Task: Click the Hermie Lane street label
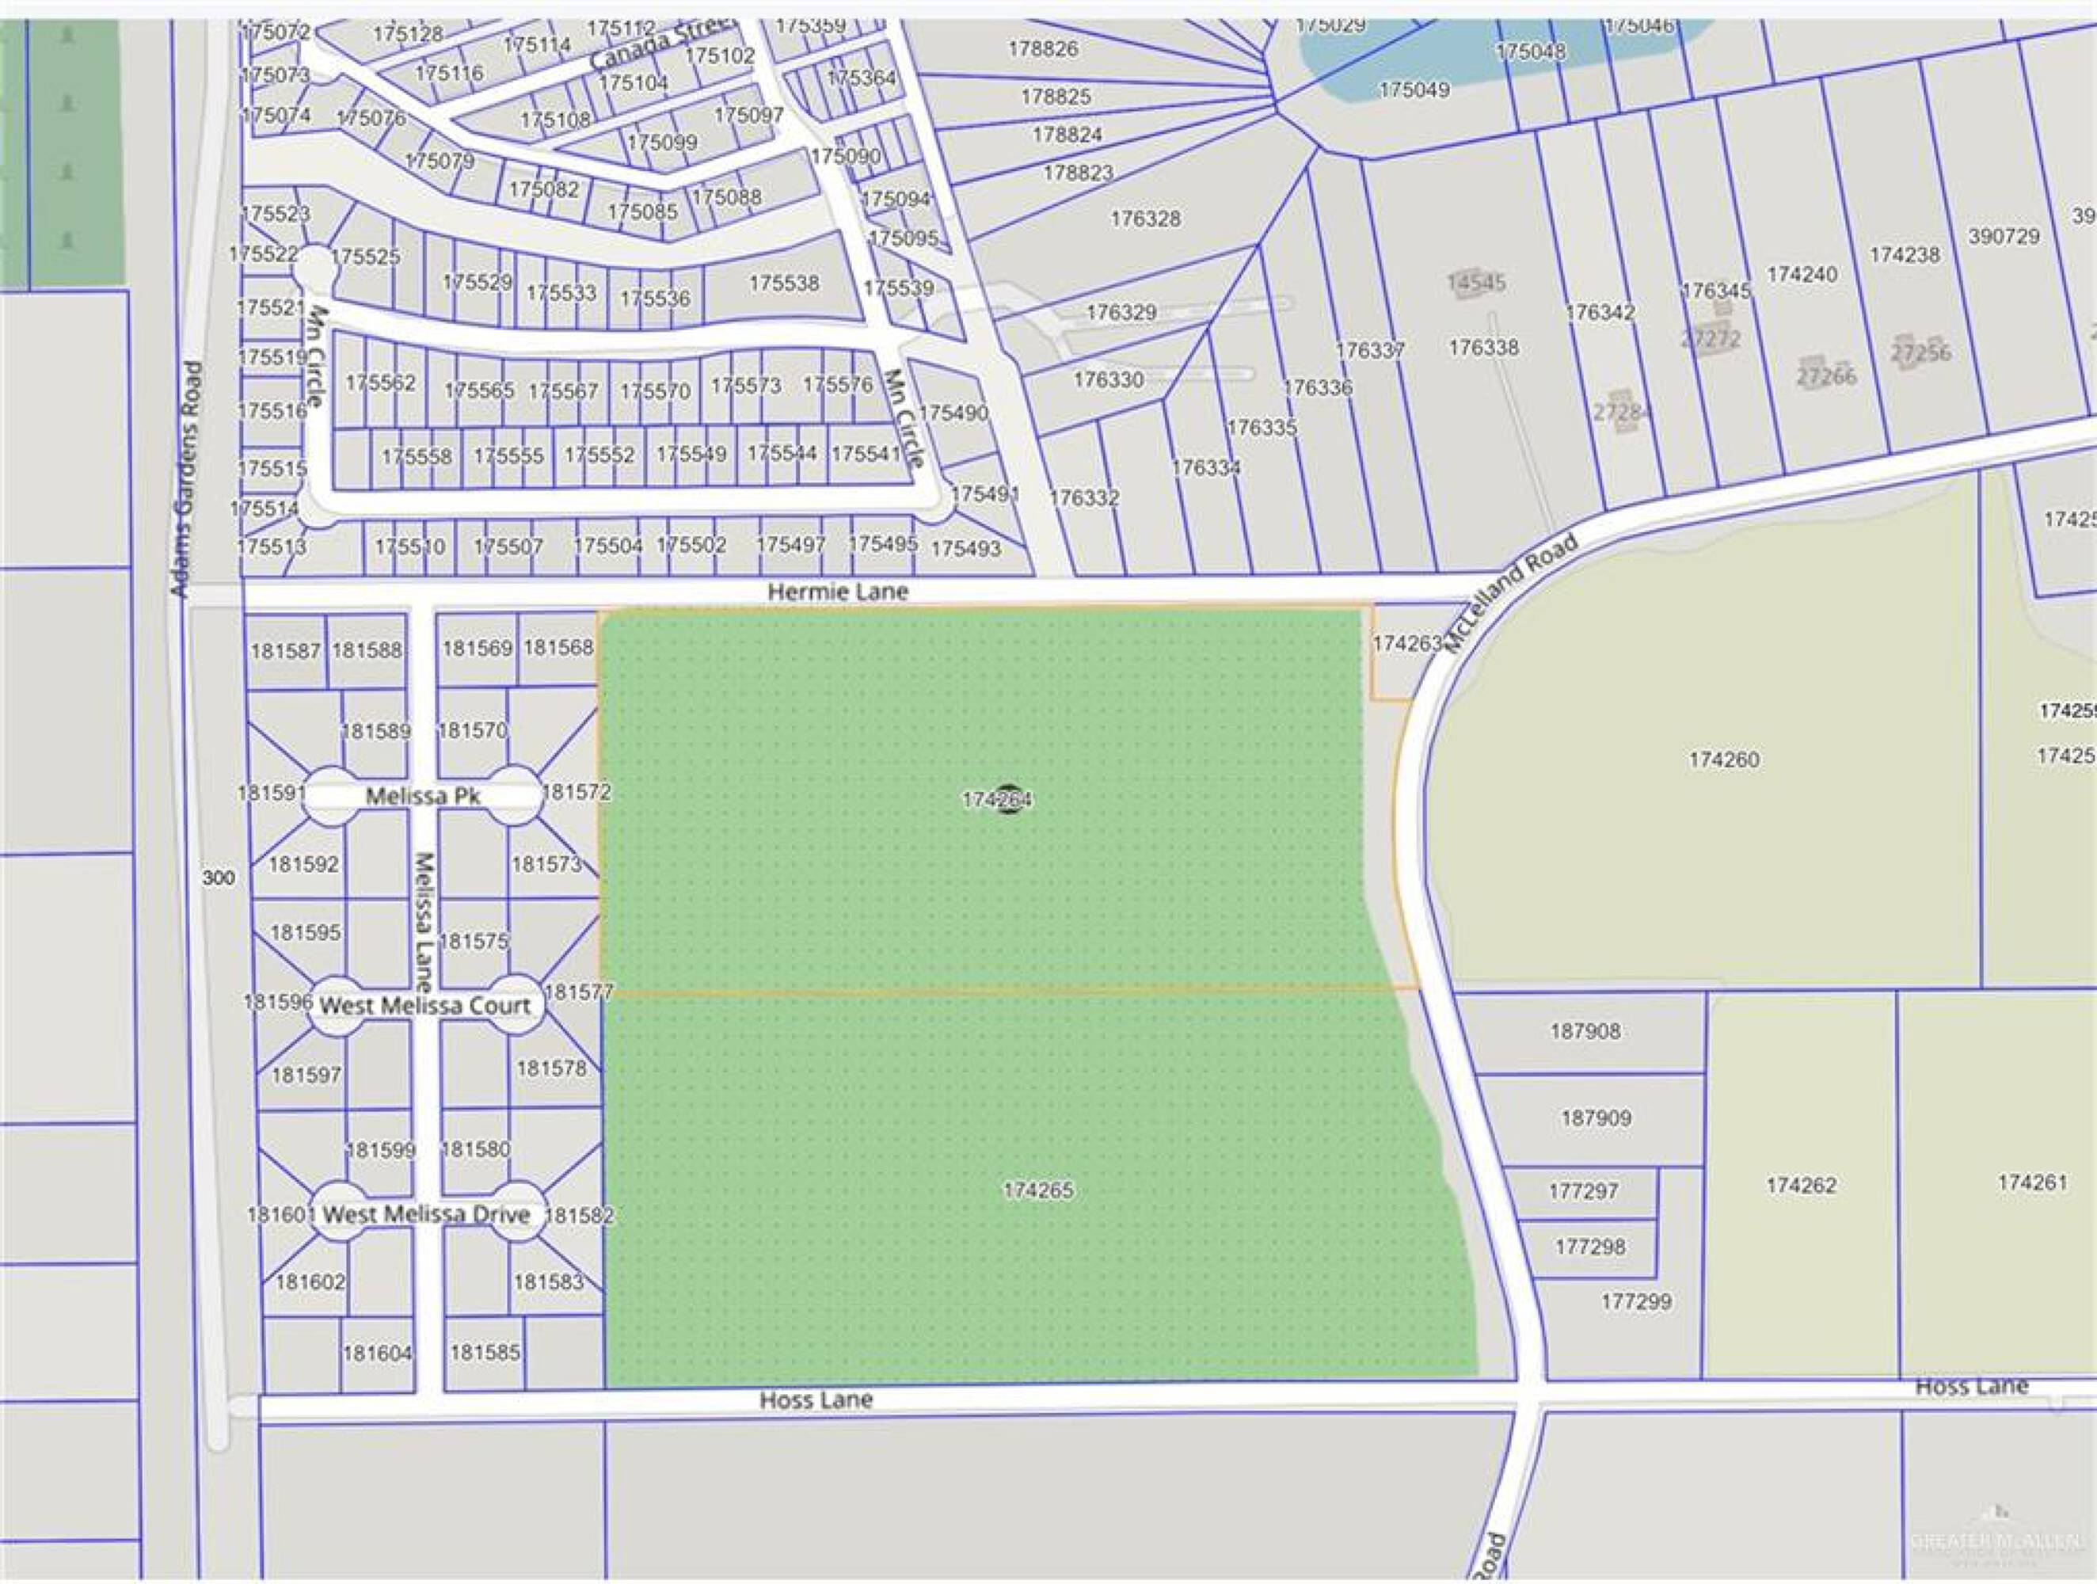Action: [x=837, y=592]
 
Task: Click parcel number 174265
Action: [x=1038, y=1190]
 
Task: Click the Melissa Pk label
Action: [x=423, y=796]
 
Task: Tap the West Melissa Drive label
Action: [x=427, y=1214]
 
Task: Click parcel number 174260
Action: [x=1723, y=760]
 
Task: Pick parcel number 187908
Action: [x=1585, y=1030]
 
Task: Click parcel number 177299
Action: [x=1636, y=1301]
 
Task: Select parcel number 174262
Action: [x=1802, y=1185]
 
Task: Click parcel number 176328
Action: [x=1145, y=218]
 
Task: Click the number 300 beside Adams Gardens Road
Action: [x=218, y=878]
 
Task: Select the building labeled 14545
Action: [x=1476, y=283]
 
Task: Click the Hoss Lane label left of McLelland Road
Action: [x=816, y=1399]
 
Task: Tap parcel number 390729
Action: [x=2003, y=236]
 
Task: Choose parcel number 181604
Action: [x=377, y=1353]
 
